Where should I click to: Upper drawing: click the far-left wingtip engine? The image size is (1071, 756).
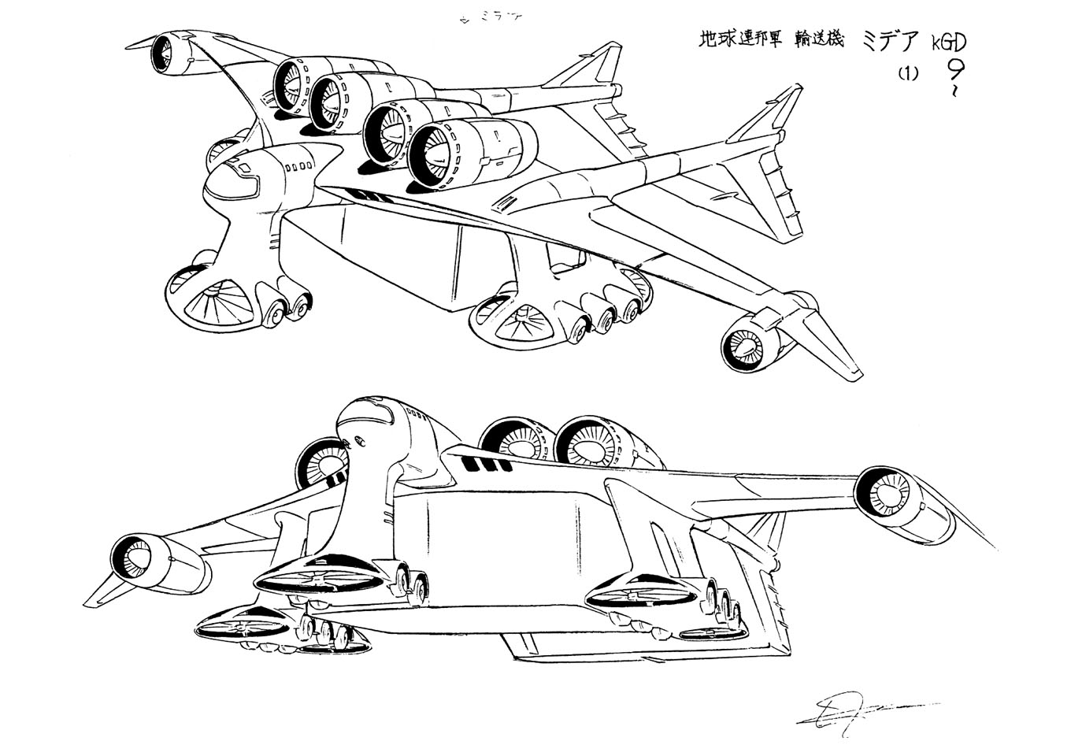[x=169, y=53]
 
